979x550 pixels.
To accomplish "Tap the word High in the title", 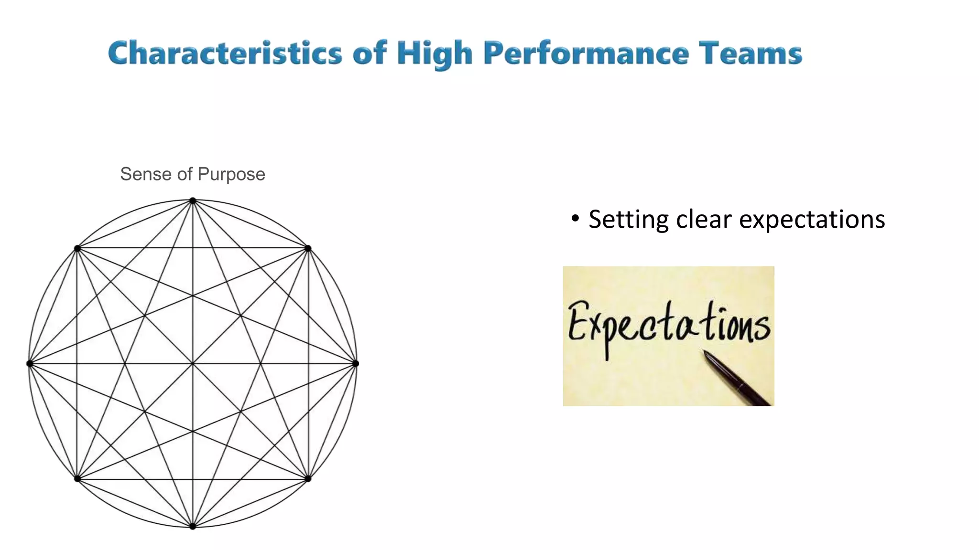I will pyautogui.click(x=434, y=53).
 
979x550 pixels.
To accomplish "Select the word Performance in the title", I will pyautogui.click(x=586, y=53).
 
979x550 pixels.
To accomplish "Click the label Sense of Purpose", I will pyautogui.click(x=192, y=174).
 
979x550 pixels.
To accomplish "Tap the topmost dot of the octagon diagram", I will pyautogui.click(x=193, y=201).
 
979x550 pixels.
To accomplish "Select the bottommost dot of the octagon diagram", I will pyautogui.click(x=193, y=526).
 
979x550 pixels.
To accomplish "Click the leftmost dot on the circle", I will pyautogui.click(x=30, y=364).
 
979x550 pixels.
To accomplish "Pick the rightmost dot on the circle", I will pyautogui.click(x=356, y=364).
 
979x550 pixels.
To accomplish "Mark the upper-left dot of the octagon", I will pyautogui.click(x=77, y=248).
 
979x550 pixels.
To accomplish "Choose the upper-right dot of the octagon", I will pyautogui.click(x=308, y=248).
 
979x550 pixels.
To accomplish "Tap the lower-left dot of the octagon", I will pyautogui.click(x=77, y=478).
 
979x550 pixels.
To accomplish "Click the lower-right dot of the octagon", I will pyautogui.click(x=308, y=478).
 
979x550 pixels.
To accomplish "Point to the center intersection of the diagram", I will pyautogui.click(x=193, y=364).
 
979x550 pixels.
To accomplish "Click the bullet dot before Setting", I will pyautogui.click(x=576, y=219).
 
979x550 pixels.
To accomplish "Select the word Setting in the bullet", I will pyautogui.click(x=628, y=220).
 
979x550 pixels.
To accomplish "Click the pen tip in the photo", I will pyautogui.click(x=705, y=352).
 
